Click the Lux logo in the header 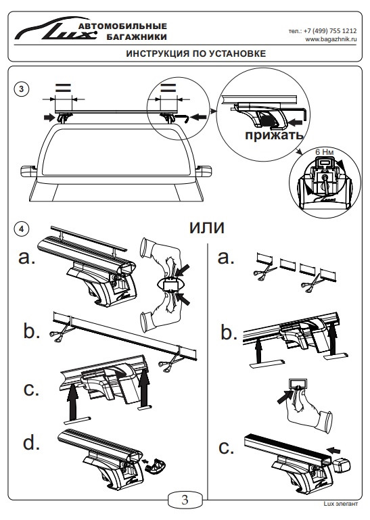tap(55, 30)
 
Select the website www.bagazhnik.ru tap(331, 39)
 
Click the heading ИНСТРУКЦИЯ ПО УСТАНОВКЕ tap(195, 53)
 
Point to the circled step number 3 tap(22, 89)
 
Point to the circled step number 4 tap(22, 229)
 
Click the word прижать tap(274, 135)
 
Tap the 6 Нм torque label tap(324, 152)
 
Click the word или tap(207, 227)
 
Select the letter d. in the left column tap(32, 442)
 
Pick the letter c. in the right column tap(227, 448)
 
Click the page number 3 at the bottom tap(185, 500)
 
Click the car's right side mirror tap(203, 171)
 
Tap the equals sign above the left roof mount tap(63, 88)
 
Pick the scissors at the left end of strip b tap(60, 333)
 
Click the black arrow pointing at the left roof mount tap(50, 117)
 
